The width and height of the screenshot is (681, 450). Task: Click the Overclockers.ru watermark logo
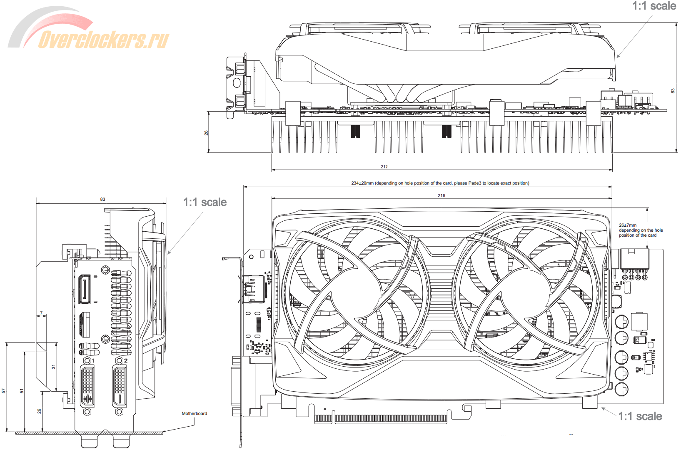click(90, 33)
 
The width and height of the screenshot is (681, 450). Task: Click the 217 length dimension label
click(384, 167)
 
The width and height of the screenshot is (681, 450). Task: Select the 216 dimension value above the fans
click(442, 195)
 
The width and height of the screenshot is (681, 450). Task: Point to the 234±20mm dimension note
click(440, 183)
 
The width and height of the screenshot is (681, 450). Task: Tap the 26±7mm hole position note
click(641, 230)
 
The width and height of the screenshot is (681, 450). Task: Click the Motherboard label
click(194, 413)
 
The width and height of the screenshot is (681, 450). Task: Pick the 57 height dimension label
click(4, 391)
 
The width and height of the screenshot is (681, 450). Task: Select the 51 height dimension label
click(22, 391)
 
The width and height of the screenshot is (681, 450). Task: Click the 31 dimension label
click(53, 367)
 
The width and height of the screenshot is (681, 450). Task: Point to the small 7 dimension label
click(41, 313)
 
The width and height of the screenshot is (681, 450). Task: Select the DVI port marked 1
click(87, 386)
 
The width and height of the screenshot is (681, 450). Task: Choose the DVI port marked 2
click(120, 386)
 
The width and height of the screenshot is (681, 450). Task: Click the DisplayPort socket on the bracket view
click(85, 289)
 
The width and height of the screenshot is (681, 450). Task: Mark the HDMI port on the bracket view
click(85, 325)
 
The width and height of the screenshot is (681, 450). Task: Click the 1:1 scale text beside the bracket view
click(205, 202)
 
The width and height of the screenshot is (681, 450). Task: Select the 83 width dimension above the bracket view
click(102, 199)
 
